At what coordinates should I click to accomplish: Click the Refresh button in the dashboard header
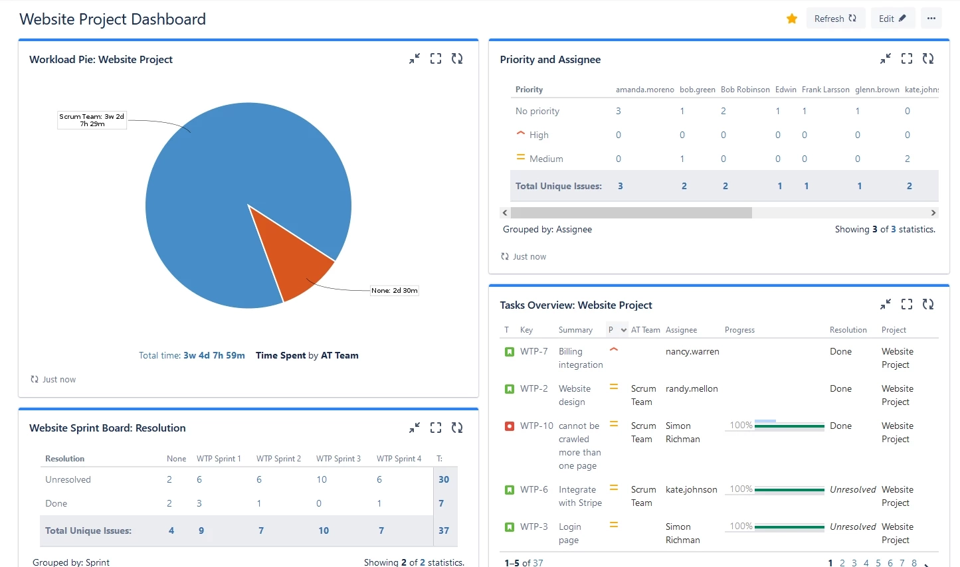pos(835,19)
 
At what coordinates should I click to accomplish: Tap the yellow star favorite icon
pos(791,19)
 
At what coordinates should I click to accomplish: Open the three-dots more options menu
pos(931,19)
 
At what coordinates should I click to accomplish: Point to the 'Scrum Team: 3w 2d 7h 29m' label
pos(92,120)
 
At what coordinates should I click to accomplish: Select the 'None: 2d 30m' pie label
pos(395,291)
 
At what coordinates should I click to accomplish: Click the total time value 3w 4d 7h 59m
pos(214,356)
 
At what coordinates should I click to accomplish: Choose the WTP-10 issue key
pos(536,426)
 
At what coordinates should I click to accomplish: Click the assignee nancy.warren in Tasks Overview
pos(692,351)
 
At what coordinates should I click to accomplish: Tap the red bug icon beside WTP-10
pos(510,426)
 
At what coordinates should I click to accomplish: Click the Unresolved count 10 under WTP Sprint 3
pos(322,479)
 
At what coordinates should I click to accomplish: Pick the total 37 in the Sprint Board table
pos(444,530)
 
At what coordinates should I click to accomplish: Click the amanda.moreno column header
pos(644,90)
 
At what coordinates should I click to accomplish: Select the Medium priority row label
pos(546,159)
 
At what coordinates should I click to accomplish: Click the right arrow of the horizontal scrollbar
pos(933,213)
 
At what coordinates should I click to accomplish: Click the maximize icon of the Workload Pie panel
pos(436,58)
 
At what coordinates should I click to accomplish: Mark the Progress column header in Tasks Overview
pos(739,330)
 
